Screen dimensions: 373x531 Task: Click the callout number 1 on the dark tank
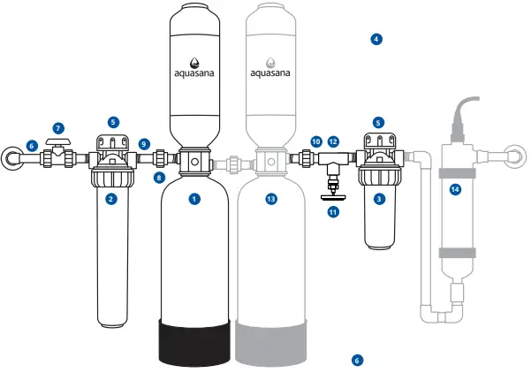[x=193, y=199]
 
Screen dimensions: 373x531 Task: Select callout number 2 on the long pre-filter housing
[x=111, y=199]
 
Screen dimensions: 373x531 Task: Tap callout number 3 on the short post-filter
[x=379, y=199]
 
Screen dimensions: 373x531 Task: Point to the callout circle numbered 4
[x=376, y=39]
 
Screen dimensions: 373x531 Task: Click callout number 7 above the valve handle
[x=59, y=129]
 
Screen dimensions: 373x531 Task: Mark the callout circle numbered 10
[x=315, y=141]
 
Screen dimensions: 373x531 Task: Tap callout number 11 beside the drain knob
[x=333, y=212]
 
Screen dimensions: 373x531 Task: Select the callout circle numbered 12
[x=333, y=141]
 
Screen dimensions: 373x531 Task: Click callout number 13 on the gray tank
[x=271, y=199]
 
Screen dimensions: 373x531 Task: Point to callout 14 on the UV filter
[x=455, y=188]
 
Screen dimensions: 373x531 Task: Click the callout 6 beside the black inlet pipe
[x=32, y=146]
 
